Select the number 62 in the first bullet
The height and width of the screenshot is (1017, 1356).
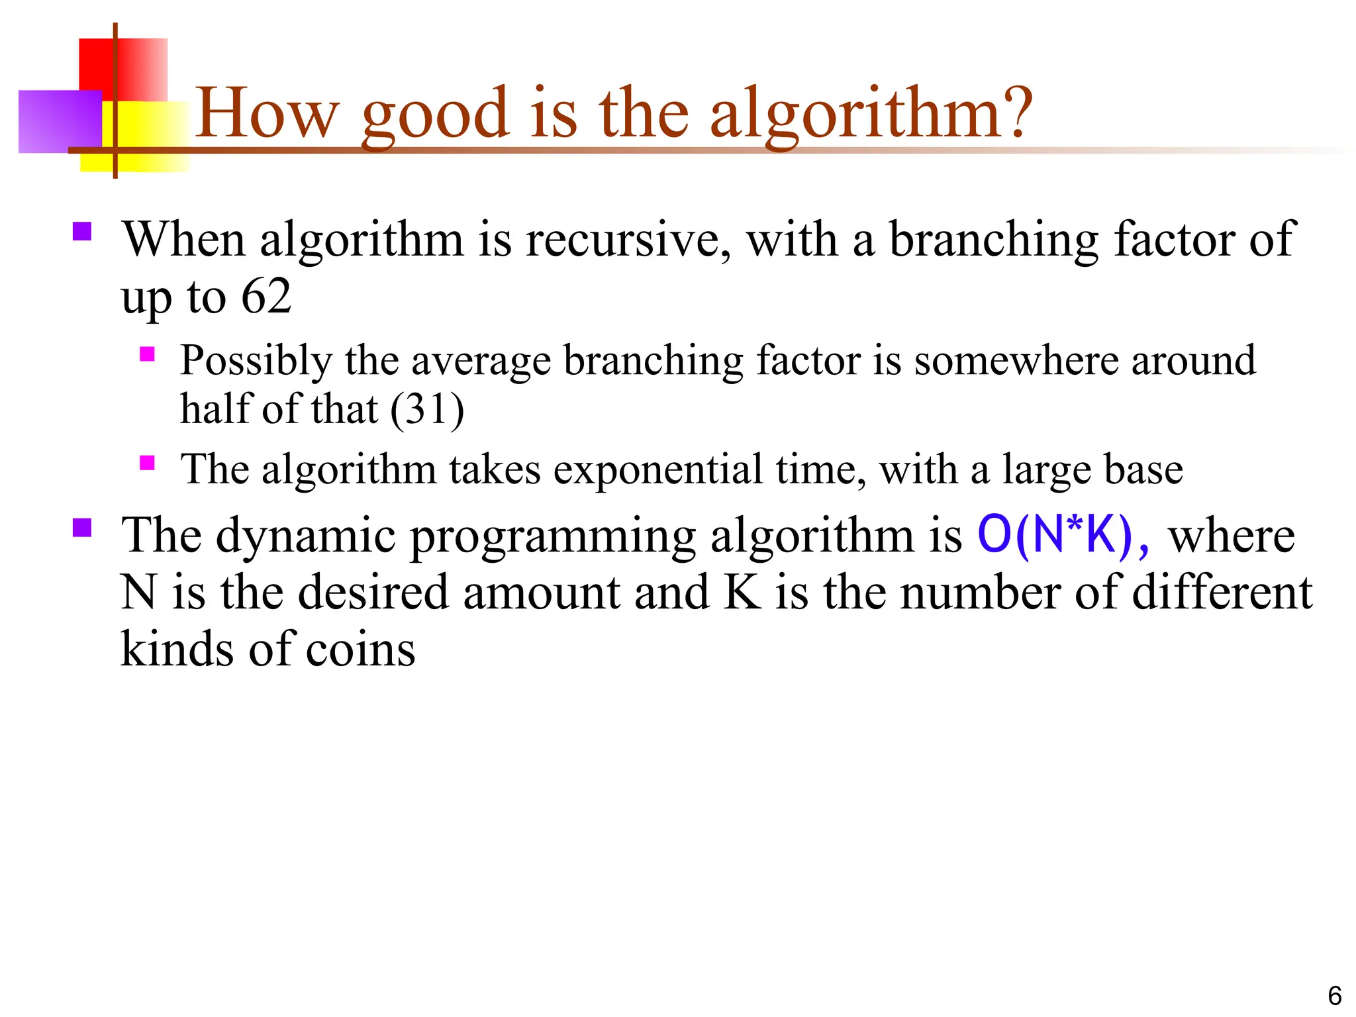(266, 296)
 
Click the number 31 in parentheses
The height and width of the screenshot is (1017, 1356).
(427, 409)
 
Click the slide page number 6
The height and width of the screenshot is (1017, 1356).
(1335, 996)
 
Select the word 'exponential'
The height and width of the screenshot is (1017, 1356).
(658, 469)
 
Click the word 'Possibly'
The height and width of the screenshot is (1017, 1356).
(256, 362)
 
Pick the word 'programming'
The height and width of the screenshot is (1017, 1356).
(553, 536)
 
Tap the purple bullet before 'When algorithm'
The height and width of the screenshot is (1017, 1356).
(82, 231)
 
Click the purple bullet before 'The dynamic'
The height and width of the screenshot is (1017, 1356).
(82, 528)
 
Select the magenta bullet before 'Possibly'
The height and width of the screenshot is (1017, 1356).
(147, 354)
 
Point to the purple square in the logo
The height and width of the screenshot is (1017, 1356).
(58, 122)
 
